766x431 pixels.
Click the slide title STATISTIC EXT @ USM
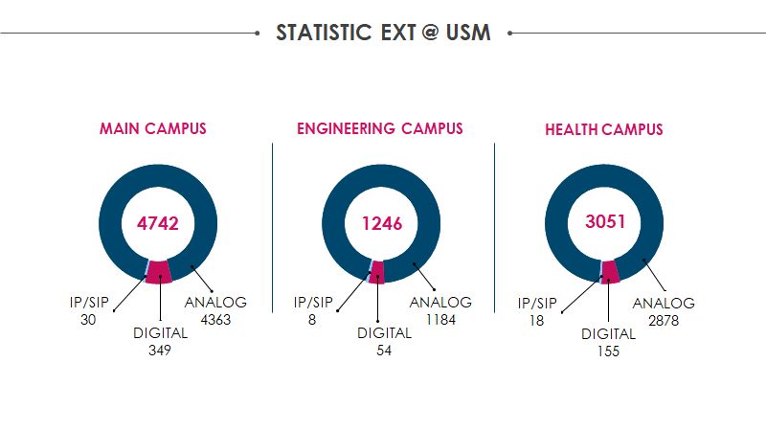click(x=383, y=33)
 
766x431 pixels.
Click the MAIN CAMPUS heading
click(x=153, y=129)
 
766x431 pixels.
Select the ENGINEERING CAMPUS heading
click(x=379, y=128)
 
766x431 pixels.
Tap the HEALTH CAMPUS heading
click(x=603, y=129)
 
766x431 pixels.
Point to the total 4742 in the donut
click(x=158, y=223)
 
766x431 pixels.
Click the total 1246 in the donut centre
click(x=381, y=223)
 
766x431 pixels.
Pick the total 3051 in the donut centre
click(x=604, y=222)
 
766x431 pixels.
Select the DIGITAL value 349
click(x=159, y=351)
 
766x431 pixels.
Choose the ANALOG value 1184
click(x=440, y=320)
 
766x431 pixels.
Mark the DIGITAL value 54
click(x=383, y=351)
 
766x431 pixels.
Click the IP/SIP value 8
click(x=312, y=320)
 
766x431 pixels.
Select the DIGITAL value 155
click(x=608, y=352)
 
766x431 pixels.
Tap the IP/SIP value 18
click(x=536, y=321)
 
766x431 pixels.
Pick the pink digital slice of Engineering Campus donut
click(x=378, y=272)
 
